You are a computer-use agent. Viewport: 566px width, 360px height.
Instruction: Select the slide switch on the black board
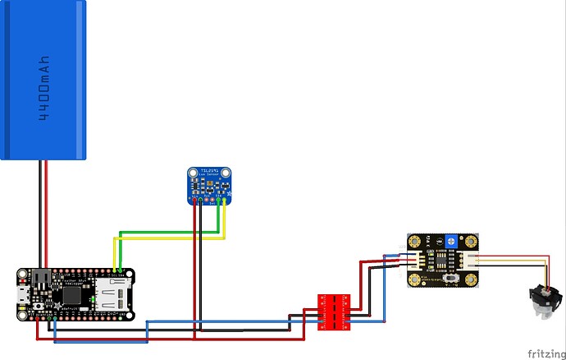450,280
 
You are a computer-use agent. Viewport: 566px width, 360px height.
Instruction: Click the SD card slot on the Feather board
112,293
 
